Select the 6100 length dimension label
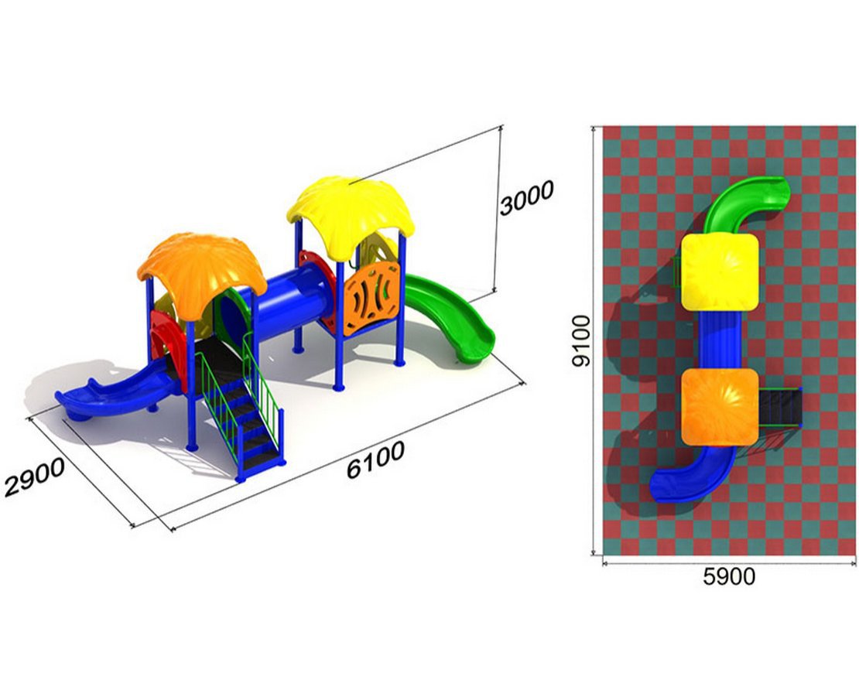[x=376, y=460]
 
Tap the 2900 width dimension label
[x=35, y=477]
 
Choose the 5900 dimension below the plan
[x=729, y=576]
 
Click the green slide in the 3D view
[x=449, y=316]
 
